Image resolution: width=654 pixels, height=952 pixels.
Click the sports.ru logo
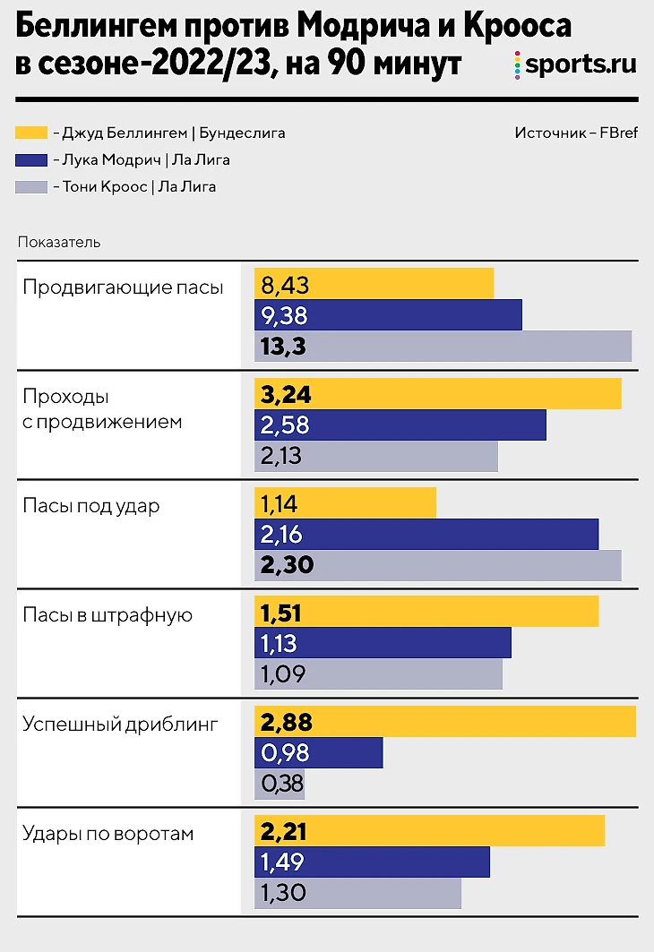tap(576, 64)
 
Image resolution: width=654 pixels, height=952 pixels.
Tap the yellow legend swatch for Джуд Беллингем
tap(32, 133)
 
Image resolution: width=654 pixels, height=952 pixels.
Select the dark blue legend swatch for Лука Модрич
tap(32, 161)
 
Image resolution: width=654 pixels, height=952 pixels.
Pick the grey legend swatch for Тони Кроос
tap(32, 188)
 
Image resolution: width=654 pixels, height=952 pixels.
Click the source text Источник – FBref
tap(576, 133)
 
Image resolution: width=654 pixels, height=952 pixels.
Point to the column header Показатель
tap(58, 242)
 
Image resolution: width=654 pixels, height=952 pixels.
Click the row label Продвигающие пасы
tap(123, 287)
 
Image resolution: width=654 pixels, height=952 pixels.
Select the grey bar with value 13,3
tap(443, 347)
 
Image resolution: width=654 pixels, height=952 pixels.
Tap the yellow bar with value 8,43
tap(374, 285)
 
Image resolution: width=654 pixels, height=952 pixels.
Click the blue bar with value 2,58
tap(400, 425)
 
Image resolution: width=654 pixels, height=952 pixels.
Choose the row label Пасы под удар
tap(91, 506)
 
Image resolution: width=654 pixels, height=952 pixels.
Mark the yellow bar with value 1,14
tap(345, 503)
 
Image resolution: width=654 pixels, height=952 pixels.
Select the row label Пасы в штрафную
tap(108, 615)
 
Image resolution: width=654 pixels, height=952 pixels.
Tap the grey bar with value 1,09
tap(378, 673)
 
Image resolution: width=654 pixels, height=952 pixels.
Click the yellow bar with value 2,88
tap(444, 722)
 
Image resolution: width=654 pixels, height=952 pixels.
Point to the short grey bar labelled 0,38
tap(280, 785)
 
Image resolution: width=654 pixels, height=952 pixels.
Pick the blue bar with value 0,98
tap(318, 753)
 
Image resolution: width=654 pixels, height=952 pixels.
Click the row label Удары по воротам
tap(108, 834)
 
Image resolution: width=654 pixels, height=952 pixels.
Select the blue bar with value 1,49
tap(372, 862)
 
